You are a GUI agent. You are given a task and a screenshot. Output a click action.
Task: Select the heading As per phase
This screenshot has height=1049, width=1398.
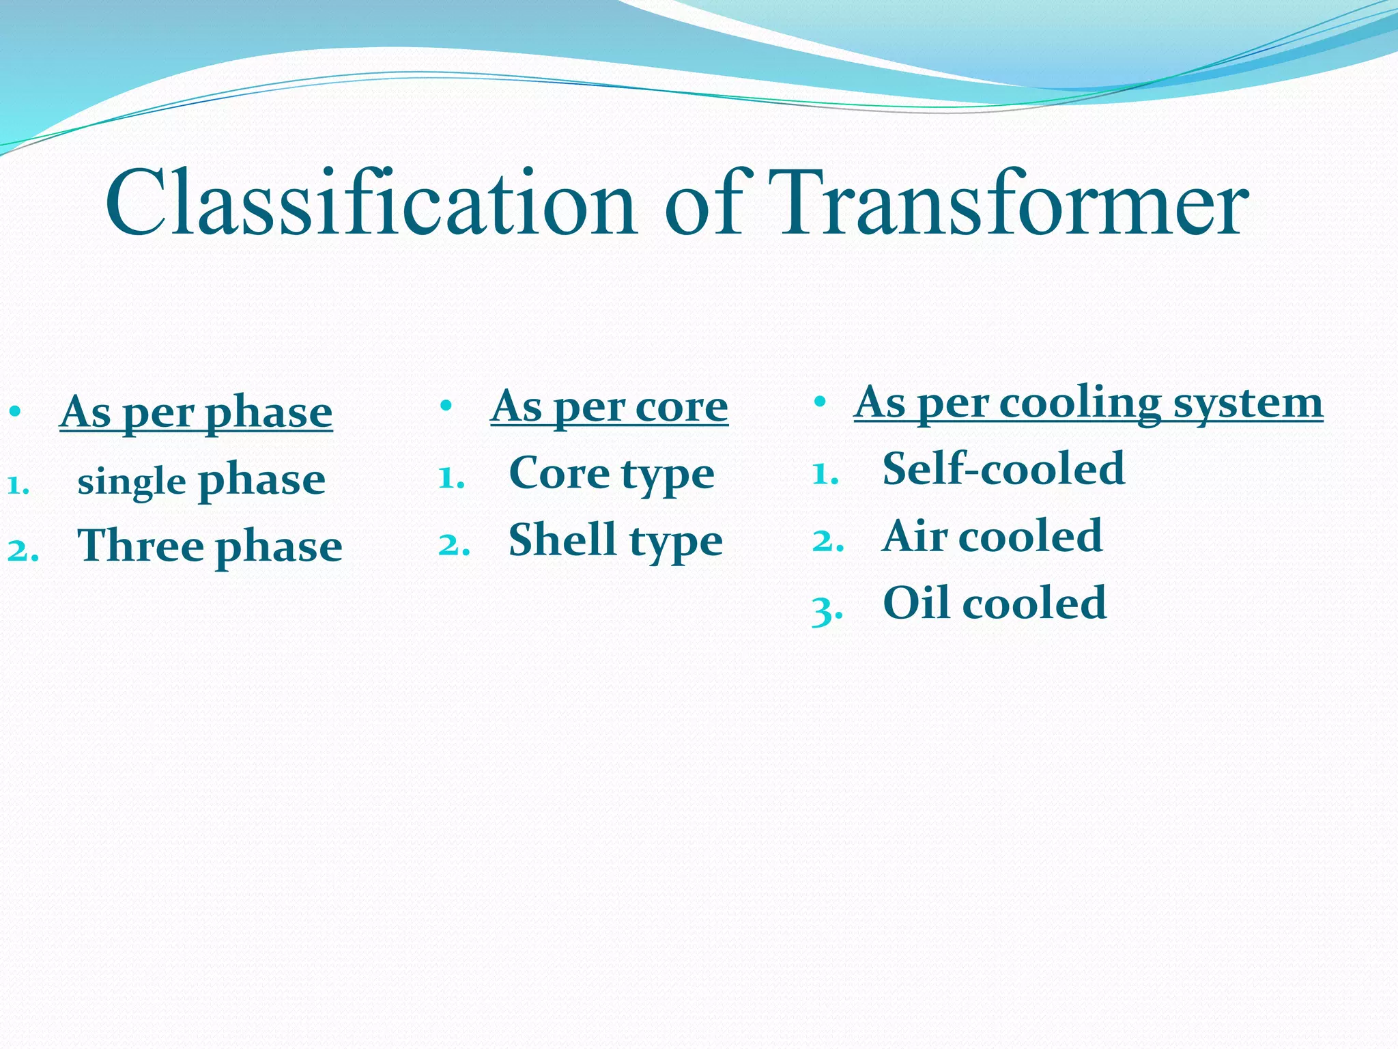[196, 412]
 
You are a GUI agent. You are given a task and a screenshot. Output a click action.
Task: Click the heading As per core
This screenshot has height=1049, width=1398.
[609, 406]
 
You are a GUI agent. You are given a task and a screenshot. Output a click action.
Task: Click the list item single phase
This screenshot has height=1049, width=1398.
[201, 481]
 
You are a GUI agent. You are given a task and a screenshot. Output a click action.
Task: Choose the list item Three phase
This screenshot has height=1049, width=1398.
[210, 546]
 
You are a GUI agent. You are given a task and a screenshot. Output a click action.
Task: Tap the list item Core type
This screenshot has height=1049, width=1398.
[612, 473]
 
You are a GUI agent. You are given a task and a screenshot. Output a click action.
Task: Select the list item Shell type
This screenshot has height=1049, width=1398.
[615, 540]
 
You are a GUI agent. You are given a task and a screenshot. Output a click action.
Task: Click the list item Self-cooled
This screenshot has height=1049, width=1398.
[1003, 469]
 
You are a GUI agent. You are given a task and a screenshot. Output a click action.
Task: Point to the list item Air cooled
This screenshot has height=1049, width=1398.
[992, 536]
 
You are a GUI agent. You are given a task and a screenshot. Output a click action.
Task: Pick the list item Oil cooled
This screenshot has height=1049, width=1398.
[994, 603]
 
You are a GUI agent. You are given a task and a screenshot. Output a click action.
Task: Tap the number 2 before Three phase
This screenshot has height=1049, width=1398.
[19, 550]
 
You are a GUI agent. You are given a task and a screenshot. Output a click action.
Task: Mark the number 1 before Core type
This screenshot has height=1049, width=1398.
[448, 478]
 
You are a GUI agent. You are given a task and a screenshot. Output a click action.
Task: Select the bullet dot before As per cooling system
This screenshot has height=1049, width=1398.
[820, 402]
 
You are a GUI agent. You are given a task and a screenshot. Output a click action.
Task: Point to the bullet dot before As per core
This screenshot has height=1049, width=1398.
[446, 406]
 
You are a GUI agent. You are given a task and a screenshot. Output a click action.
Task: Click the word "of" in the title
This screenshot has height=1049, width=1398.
[703, 204]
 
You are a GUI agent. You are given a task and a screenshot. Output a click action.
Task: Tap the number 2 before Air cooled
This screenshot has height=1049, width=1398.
[824, 542]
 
